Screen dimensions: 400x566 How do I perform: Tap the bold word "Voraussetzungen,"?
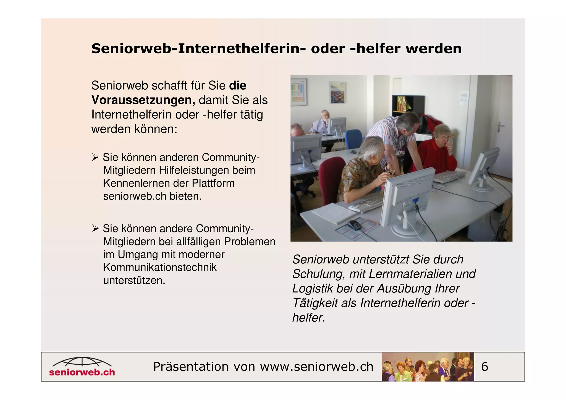[143, 100]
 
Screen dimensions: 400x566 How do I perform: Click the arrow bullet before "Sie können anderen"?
[95, 158]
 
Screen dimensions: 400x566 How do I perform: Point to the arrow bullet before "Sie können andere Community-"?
[95, 229]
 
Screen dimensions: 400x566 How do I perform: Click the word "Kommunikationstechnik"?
[160, 268]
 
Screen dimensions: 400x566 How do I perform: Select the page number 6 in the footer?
[484, 367]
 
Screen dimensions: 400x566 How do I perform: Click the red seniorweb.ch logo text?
[82, 372]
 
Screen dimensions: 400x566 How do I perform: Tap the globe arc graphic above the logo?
[82, 362]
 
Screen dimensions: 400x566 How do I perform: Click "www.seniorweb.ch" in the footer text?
[316, 367]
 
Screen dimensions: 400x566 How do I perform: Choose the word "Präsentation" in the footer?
[190, 367]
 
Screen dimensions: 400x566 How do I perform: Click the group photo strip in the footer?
[428, 367]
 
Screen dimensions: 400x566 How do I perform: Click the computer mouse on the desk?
[354, 225]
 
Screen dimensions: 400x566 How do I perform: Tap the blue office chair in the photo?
[353, 138]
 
